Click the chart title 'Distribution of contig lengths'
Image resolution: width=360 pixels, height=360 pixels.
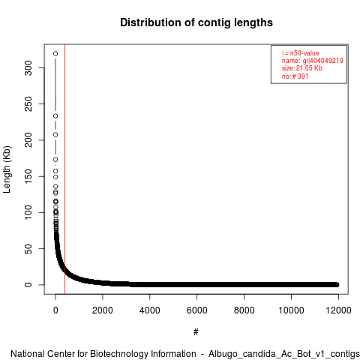[x=196, y=22]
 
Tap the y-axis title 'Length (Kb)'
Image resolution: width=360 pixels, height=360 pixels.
[x=7, y=169]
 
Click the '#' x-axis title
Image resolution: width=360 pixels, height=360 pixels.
[x=196, y=332]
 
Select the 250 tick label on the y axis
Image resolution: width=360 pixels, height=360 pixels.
[x=28, y=104]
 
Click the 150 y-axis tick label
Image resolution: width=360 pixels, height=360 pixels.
[x=28, y=176]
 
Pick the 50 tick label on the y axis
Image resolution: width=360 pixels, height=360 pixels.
[x=28, y=248]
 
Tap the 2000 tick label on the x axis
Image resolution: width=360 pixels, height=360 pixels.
[x=103, y=310]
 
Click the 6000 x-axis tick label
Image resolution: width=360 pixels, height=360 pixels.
[x=196, y=310]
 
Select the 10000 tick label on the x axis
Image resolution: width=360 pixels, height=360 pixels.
[x=291, y=310]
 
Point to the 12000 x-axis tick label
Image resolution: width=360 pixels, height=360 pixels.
[x=338, y=310]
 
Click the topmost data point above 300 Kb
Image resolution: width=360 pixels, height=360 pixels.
[x=55, y=53]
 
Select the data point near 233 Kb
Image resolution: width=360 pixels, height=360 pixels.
[x=55, y=116]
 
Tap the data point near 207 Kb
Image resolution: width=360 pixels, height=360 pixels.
[x=55, y=135]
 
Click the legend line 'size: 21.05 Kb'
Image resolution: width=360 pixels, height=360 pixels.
[x=302, y=68]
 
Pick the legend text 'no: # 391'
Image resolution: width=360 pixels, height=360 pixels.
[x=295, y=76]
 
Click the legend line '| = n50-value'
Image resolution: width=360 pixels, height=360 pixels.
[x=301, y=53]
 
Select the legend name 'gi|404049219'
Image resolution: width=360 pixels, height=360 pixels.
[x=323, y=61]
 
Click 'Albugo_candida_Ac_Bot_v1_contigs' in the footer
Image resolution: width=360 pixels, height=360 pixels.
[x=284, y=354]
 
